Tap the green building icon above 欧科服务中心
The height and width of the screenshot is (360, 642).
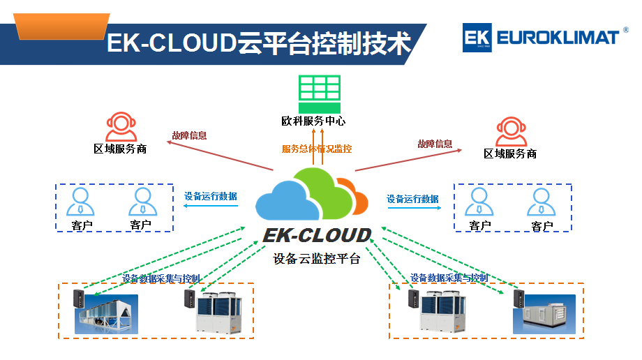coord(320,93)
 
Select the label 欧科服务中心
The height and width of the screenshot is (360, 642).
coord(313,121)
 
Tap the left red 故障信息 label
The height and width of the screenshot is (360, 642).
coord(189,136)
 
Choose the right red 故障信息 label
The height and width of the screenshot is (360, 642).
coord(435,144)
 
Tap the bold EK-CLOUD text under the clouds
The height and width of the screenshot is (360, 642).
coord(317,234)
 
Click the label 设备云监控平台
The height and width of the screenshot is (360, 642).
coord(317,259)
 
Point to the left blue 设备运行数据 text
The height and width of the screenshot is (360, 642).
coord(210,196)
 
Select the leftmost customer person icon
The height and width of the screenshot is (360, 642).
coord(82,202)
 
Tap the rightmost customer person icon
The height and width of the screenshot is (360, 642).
coord(541,203)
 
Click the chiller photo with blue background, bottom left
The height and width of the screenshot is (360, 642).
coord(106,313)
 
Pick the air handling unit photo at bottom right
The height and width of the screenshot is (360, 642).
coord(544,314)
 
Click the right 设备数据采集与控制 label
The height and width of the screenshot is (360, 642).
coord(449,278)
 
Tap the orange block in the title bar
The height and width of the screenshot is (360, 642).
coord(62,27)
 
